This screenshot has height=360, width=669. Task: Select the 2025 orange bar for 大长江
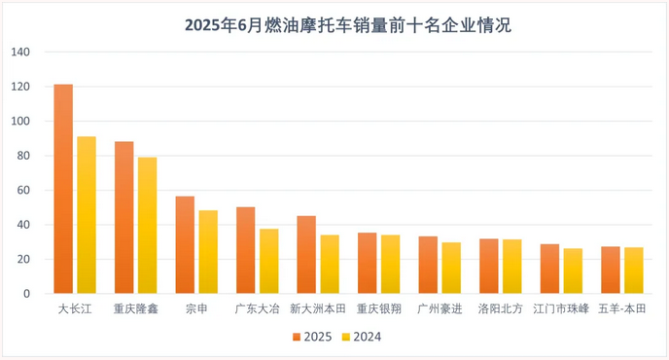(x=63, y=189)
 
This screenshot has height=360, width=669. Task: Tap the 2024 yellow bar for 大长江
(x=87, y=215)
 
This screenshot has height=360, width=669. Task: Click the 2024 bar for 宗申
(x=208, y=252)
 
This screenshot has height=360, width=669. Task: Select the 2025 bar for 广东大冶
(x=245, y=250)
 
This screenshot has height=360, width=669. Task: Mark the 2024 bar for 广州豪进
(x=451, y=268)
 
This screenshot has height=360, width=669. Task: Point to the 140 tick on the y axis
(x=20, y=53)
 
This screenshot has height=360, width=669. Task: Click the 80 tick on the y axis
(x=23, y=156)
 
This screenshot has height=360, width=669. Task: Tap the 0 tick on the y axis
(x=27, y=294)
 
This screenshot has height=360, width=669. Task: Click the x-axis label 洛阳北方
(x=499, y=309)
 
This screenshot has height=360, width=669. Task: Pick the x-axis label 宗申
(x=196, y=309)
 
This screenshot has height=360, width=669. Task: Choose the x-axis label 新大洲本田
(x=317, y=309)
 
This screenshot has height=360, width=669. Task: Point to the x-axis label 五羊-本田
(x=621, y=309)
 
